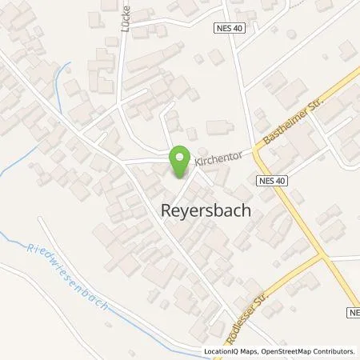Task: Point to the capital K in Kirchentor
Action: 196,167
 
